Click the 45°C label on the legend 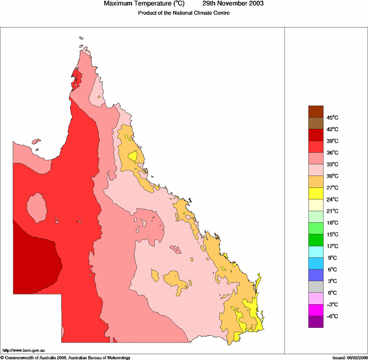(333, 117)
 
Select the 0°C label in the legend (331, 293)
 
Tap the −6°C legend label (331, 316)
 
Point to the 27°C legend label (333, 187)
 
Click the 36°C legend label (333, 152)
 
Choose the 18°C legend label (333, 222)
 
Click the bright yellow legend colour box (316, 193)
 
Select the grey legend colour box (316, 287)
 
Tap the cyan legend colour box (316, 252)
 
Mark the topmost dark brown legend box (316, 111)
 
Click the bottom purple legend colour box (316, 322)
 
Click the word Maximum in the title (120, 4)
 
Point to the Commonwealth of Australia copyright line (66, 357)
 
